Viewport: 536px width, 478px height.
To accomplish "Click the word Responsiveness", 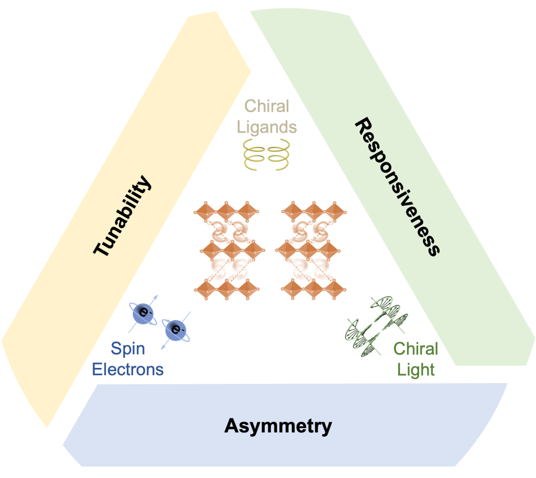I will click(396, 187).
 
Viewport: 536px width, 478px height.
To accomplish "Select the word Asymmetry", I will click(278, 426).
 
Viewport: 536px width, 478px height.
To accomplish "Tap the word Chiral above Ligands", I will click(267, 107).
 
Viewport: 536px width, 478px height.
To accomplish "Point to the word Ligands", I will click(267, 126).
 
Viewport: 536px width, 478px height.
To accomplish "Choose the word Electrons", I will click(127, 370).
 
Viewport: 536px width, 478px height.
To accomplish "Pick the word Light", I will click(415, 370).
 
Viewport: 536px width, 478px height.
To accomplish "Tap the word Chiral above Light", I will click(415, 349).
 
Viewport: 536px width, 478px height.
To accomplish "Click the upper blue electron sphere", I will click(141, 313).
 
